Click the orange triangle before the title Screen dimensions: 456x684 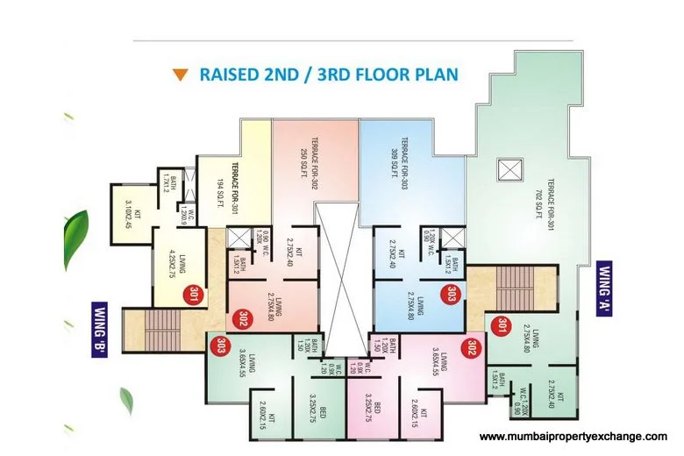click(x=180, y=75)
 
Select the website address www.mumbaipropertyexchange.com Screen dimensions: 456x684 click(x=574, y=436)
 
